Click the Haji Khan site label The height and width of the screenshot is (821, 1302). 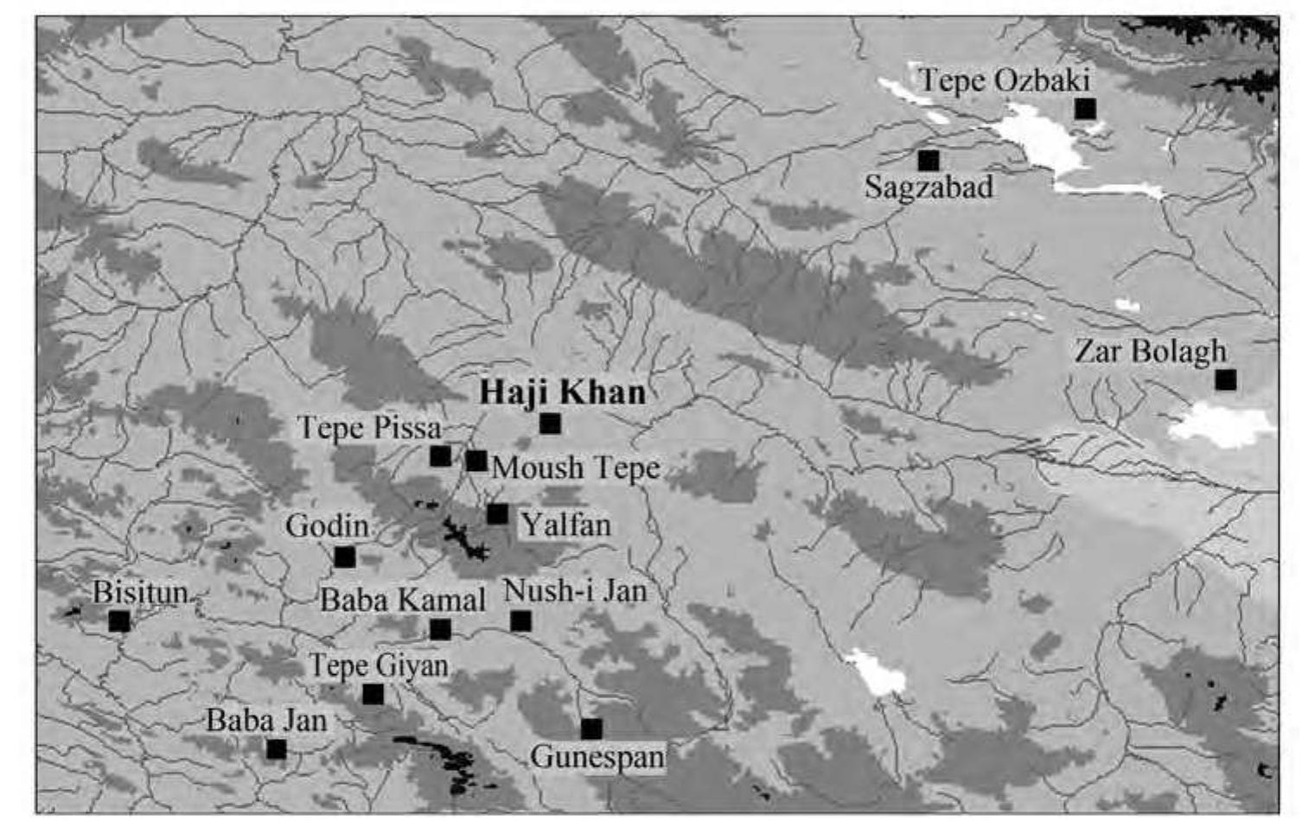click(563, 392)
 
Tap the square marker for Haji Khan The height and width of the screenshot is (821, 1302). click(550, 423)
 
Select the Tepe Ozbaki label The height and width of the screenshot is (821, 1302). click(1004, 80)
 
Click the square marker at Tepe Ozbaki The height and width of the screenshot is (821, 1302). click(1085, 109)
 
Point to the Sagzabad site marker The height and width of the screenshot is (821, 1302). click(929, 160)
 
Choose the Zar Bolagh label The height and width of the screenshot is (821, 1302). click(1150, 351)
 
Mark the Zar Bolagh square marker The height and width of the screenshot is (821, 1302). click(1225, 379)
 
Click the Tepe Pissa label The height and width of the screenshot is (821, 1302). click(369, 427)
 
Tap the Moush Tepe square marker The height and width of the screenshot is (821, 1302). click(475, 461)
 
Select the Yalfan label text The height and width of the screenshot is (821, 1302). click(565, 525)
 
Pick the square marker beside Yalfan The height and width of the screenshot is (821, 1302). click(497, 514)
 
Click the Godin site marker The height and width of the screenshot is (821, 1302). click(345, 557)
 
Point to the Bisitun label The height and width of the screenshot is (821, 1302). click(140, 592)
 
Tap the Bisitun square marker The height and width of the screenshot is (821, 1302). click(119, 621)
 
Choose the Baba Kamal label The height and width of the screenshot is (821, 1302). click(403, 600)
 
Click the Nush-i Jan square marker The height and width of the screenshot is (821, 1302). click(520, 621)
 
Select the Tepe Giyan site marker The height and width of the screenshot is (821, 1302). click(373, 694)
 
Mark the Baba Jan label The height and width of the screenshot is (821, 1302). click(266, 721)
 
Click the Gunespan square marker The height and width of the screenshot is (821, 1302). click(591, 729)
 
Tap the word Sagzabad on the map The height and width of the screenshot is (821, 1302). click(929, 187)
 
